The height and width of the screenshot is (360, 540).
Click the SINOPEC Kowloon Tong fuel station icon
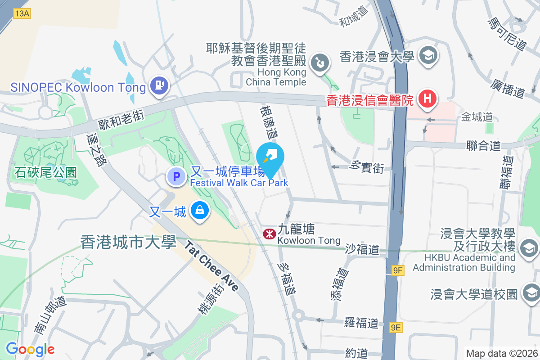pos(158,84)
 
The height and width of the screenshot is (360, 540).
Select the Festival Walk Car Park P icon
pos(176,176)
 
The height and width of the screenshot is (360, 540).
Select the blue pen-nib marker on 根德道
pos(270,156)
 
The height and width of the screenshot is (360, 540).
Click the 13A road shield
pos(22,13)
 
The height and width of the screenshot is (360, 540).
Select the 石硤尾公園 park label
pos(46,172)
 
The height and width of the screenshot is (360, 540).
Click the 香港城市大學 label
pos(128,243)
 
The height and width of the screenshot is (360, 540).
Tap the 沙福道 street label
pos(363,249)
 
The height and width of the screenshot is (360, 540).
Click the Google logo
pos(30,349)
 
